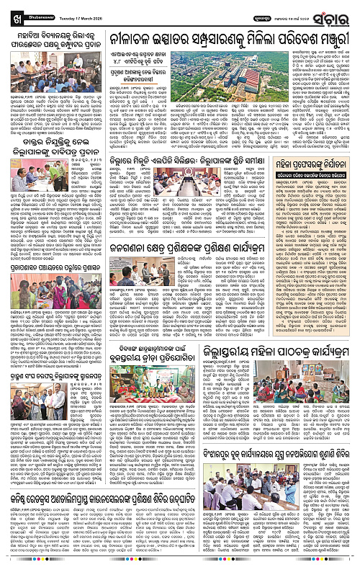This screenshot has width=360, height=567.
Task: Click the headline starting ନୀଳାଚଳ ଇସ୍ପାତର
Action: (x=230, y=42)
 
